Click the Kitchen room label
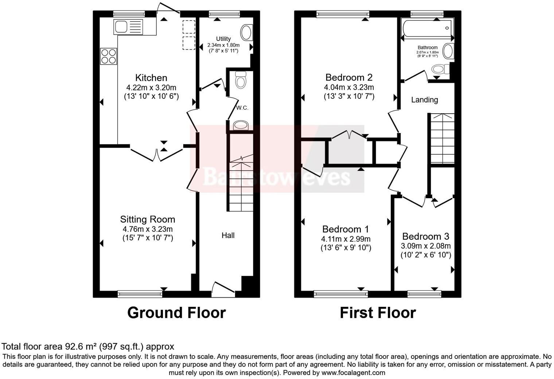point(151,78)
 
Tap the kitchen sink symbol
point(128,27)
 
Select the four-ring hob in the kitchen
point(109,56)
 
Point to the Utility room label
point(223,39)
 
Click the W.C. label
point(242,108)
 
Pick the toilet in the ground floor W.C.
point(241,80)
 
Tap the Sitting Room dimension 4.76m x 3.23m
point(148,229)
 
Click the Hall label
point(228,235)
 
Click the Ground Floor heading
point(176,313)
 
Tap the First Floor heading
point(378,313)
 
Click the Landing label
point(425,100)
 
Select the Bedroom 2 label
point(349,77)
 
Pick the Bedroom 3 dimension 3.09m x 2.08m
point(426,246)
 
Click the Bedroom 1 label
point(346,229)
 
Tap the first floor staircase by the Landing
point(442,138)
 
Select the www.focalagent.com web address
point(353,373)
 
